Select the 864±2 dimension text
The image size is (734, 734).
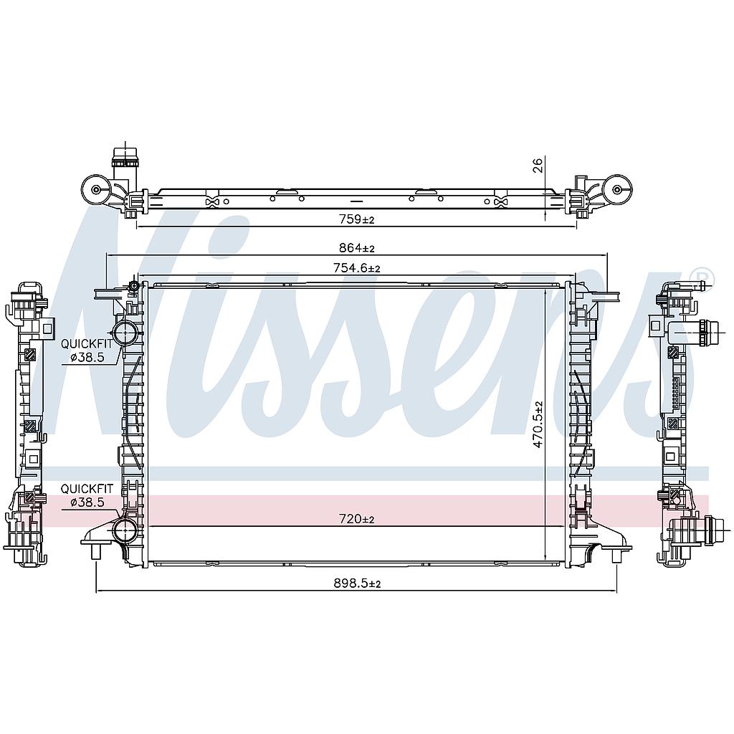(x=356, y=248)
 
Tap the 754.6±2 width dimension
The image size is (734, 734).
(x=356, y=268)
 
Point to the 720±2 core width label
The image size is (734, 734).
(x=358, y=519)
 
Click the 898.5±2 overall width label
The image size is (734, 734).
(x=356, y=584)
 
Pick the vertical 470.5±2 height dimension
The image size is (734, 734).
(x=538, y=425)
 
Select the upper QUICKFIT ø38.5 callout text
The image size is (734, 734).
(x=86, y=350)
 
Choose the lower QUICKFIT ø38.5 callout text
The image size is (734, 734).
(x=86, y=495)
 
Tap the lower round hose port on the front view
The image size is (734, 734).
(x=125, y=530)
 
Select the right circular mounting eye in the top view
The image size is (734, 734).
(x=617, y=190)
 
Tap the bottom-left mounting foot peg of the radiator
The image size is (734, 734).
(x=96, y=553)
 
